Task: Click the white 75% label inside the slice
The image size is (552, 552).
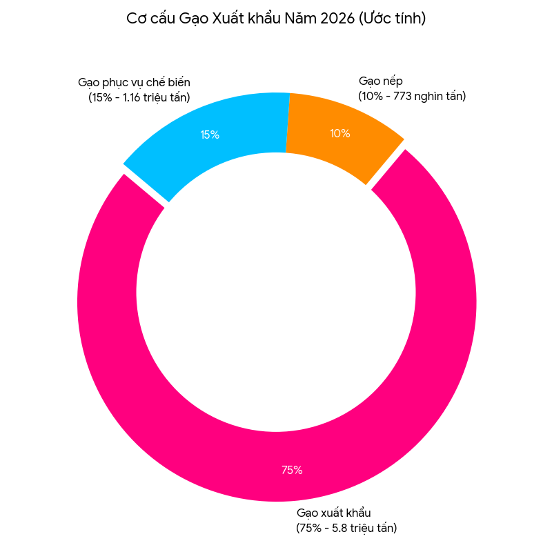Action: click(x=291, y=471)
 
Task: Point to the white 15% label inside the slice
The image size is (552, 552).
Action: click(x=210, y=135)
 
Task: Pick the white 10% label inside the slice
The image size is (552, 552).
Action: click(x=339, y=134)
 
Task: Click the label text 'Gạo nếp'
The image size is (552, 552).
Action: click(x=380, y=81)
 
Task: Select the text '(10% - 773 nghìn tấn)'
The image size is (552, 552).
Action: click(x=412, y=97)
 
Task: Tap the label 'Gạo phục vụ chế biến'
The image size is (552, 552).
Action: click(x=134, y=83)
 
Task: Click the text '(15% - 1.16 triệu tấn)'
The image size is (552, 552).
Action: click(x=139, y=98)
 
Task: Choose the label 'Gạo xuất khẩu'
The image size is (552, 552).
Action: click(x=334, y=513)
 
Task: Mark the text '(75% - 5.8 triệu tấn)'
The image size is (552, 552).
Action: click(x=346, y=529)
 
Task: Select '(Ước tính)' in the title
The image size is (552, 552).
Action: click(x=391, y=19)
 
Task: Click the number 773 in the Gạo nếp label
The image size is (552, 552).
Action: click(x=403, y=97)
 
